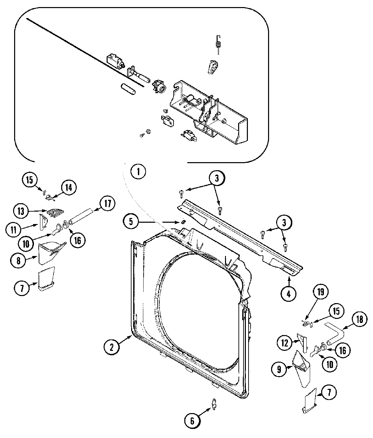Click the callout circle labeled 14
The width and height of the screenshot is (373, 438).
[x=69, y=188]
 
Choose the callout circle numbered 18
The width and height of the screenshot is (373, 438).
[x=359, y=319]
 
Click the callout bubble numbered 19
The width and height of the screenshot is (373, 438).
[x=321, y=292]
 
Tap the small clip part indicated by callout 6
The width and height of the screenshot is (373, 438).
[x=214, y=404]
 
